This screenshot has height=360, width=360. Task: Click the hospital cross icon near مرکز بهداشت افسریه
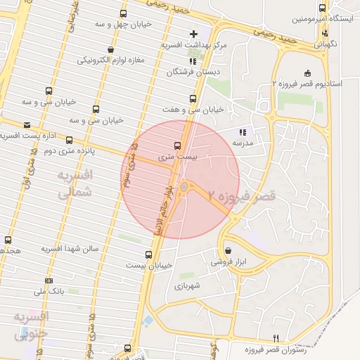coord(193,34)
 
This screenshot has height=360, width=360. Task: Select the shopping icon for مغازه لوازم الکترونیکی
coord(111,50)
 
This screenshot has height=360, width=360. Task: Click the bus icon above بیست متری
coord(176,146)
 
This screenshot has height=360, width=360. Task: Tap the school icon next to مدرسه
coord(243,132)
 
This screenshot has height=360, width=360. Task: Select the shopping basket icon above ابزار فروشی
coord(228,251)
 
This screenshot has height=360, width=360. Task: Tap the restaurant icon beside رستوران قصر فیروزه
coord(276,338)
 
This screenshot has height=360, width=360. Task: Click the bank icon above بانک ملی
coord(49,281)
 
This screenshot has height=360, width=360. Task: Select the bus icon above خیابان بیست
coord(148,255)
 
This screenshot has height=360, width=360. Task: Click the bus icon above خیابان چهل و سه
coord(124,13)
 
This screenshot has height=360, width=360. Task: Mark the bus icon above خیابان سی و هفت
coord(193,99)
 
